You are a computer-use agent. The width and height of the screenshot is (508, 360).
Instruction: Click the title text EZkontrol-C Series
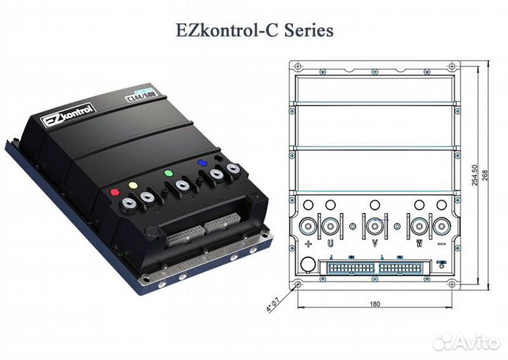(255, 30)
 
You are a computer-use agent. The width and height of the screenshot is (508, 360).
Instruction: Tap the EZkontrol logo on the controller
(66, 114)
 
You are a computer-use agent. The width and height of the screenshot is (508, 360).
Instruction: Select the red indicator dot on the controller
(115, 191)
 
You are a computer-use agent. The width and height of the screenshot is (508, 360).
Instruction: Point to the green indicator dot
(168, 174)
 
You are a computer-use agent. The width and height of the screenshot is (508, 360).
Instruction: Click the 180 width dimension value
(375, 304)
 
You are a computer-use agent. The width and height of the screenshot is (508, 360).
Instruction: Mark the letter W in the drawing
(418, 244)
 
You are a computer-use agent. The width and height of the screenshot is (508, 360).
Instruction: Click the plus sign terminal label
(308, 244)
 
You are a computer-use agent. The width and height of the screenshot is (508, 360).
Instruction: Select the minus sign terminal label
(442, 244)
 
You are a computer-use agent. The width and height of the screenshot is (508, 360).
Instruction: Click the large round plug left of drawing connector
(308, 265)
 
